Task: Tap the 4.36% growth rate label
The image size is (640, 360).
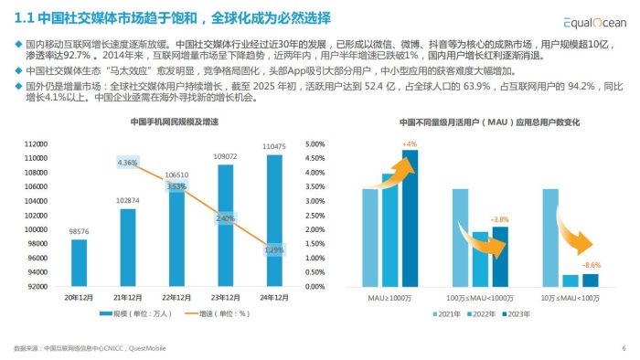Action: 128,163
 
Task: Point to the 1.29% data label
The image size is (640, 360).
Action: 272,249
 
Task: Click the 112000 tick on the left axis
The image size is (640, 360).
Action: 35,143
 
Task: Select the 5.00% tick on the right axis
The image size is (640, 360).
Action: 314,143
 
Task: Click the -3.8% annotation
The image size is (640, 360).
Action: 500,220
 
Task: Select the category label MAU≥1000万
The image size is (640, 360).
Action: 389,297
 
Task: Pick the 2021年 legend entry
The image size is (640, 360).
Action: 449,313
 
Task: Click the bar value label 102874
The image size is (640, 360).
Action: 128,200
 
